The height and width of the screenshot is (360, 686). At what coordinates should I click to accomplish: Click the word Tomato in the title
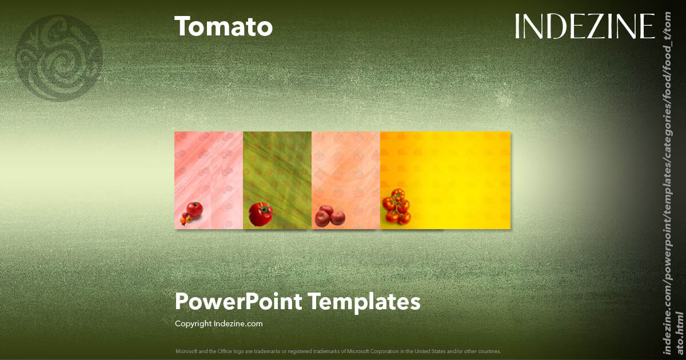coord(224,27)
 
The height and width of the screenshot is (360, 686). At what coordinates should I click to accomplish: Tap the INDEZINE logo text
coord(584,26)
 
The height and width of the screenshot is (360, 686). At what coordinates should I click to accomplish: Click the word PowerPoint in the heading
coord(238,301)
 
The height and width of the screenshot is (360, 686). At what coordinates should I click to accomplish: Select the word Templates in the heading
coord(365,301)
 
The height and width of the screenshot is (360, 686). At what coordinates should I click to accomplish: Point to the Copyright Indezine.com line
coord(218,323)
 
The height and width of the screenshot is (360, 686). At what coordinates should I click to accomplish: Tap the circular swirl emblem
coord(59,58)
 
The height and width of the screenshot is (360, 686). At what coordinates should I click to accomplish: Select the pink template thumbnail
coord(209,180)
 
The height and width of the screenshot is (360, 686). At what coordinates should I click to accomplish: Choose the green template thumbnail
coord(277,180)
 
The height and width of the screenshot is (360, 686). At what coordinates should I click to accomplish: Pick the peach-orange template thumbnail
coord(346,180)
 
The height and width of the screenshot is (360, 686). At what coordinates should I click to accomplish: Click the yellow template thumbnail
coord(445,180)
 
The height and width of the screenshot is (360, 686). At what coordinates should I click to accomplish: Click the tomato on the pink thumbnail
coord(194,210)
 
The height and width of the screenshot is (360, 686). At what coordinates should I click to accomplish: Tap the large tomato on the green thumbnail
coord(261,214)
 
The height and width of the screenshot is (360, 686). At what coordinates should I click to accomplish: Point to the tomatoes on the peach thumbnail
coord(330,216)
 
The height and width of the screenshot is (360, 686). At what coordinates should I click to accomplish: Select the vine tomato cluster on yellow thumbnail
coord(396,206)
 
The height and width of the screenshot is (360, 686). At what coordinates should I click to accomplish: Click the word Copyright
coord(193,323)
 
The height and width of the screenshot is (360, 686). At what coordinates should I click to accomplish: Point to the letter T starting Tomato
coord(182,27)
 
